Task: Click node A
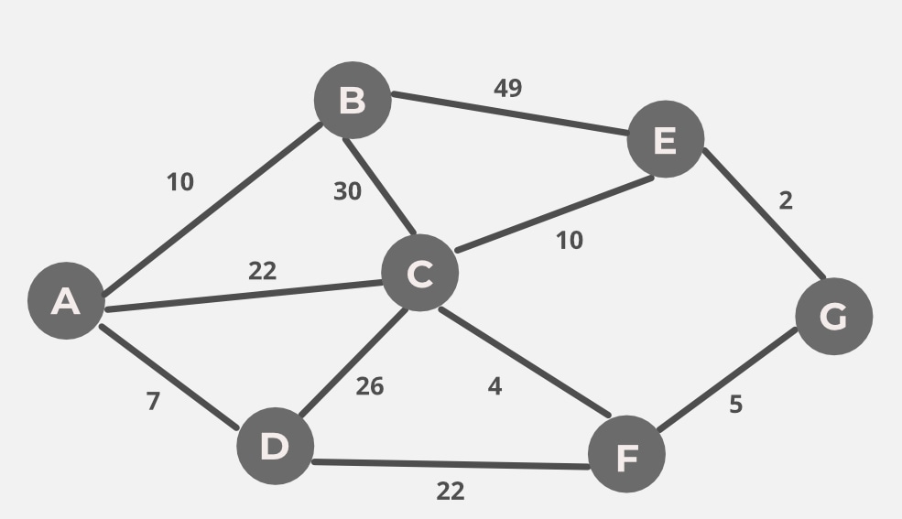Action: pyautogui.click(x=66, y=300)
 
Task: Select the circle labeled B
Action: pyautogui.click(x=353, y=100)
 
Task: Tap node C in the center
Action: pyautogui.click(x=420, y=273)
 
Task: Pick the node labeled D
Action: pyautogui.click(x=275, y=446)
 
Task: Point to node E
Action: pyautogui.click(x=666, y=139)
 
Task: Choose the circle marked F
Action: pyautogui.click(x=626, y=454)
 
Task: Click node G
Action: pyautogui.click(x=834, y=316)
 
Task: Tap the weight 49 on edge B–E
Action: pyautogui.click(x=508, y=88)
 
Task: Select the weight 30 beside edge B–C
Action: pyautogui.click(x=347, y=190)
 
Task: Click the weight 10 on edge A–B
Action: pyautogui.click(x=180, y=182)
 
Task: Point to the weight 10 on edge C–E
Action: pyautogui.click(x=570, y=240)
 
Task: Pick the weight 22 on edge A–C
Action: pyautogui.click(x=262, y=271)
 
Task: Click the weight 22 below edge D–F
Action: pyautogui.click(x=451, y=492)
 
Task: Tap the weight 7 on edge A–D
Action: pyautogui.click(x=153, y=401)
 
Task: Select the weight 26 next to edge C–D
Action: pyautogui.click(x=369, y=386)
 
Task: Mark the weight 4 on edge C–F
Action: pyautogui.click(x=494, y=386)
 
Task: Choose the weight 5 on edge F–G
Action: pyautogui.click(x=735, y=405)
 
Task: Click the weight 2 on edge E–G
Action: pyautogui.click(x=786, y=200)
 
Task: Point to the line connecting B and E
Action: pyautogui.click(x=510, y=114)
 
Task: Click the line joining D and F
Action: pyautogui.click(x=451, y=464)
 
